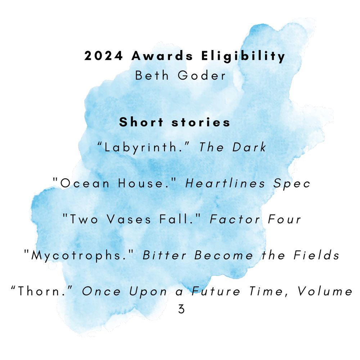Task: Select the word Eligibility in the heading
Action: coord(243,57)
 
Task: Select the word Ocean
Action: coord(85,184)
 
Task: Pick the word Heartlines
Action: coord(225,184)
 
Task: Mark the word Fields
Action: coord(316,256)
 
